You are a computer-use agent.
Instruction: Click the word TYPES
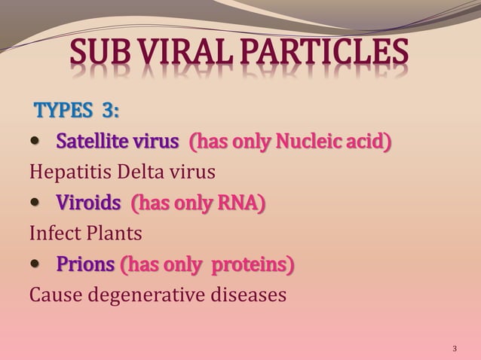pyautogui.click(x=63, y=111)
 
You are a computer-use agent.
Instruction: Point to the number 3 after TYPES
pyautogui.click(x=110, y=111)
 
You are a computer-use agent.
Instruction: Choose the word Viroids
pyautogui.click(x=88, y=203)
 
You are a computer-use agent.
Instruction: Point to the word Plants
pyautogui.click(x=114, y=233)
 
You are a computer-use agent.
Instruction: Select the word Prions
pyautogui.click(x=85, y=264)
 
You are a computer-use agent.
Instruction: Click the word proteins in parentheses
pyautogui.click(x=253, y=264)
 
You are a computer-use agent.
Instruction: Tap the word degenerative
pyautogui.click(x=154, y=294)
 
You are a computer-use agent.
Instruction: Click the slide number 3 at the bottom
pyautogui.click(x=455, y=349)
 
